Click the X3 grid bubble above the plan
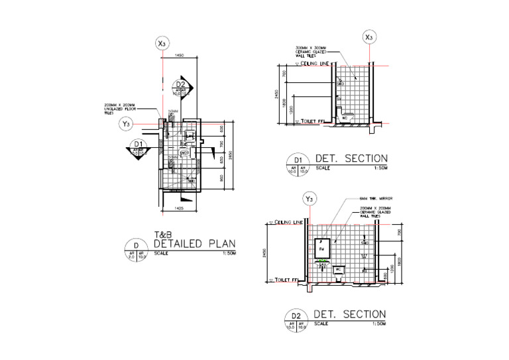pos(162,44)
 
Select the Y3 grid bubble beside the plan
pos(126,124)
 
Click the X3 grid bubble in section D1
pos(370,38)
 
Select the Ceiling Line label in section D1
pos(315,64)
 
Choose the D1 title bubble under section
pos(298,163)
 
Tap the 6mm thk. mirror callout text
pos(374,199)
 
